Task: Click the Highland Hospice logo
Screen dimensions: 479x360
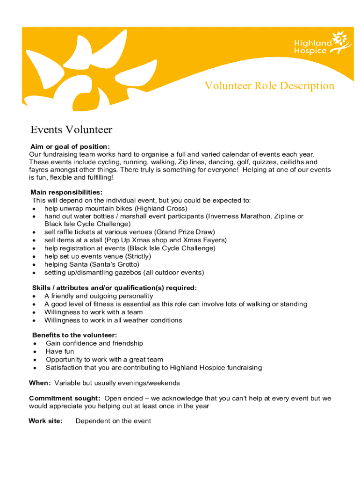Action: coord(322,44)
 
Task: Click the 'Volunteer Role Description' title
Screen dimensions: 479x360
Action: coord(269,86)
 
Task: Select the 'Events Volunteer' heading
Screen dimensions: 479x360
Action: coord(71,130)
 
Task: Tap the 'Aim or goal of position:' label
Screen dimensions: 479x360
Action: coord(70,146)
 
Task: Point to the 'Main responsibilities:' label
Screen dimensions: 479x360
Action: coord(66,192)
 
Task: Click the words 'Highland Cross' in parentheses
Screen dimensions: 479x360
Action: coord(163,208)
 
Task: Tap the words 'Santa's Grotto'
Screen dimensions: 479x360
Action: coord(116,264)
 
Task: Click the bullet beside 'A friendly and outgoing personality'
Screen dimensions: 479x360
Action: coord(35,297)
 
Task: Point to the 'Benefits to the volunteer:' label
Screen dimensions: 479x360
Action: coord(75,335)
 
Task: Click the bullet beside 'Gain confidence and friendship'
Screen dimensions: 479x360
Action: coord(35,344)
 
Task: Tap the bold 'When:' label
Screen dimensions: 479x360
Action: coord(40,383)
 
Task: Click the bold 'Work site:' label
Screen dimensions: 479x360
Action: coord(45,421)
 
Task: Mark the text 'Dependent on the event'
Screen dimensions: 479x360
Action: coord(113,421)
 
